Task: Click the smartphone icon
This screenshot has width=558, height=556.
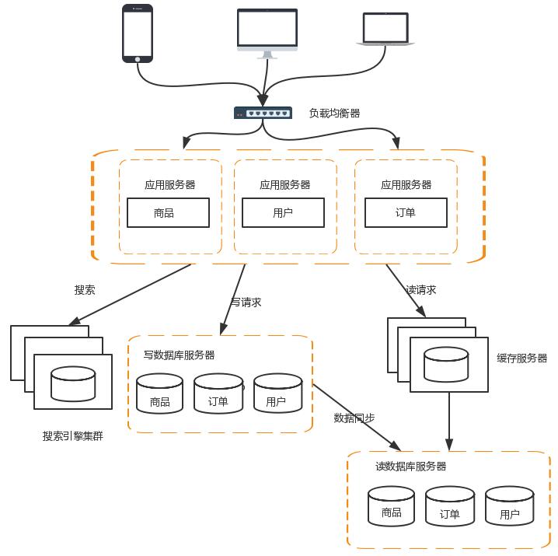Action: tap(138, 33)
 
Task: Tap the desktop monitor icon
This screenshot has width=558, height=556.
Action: tap(267, 33)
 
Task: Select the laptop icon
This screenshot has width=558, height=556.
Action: tap(386, 30)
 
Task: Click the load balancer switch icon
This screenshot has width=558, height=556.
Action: tap(263, 114)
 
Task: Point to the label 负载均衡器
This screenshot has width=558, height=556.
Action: tap(334, 114)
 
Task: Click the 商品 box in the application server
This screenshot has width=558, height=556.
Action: tap(168, 213)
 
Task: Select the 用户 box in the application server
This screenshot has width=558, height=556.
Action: tap(283, 213)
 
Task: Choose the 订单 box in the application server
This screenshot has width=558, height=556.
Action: tap(406, 213)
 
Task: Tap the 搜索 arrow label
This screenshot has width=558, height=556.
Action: tap(85, 290)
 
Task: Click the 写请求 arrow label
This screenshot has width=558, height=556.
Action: tap(246, 302)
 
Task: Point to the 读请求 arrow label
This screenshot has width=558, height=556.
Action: tap(420, 290)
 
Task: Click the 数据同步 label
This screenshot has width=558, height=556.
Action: tap(354, 418)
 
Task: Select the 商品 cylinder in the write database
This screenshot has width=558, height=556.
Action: tap(160, 394)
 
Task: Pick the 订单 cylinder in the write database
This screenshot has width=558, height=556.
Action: tap(218, 394)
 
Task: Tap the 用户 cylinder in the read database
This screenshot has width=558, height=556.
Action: tap(510, 506)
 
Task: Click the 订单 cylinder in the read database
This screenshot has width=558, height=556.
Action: tap(450, 506)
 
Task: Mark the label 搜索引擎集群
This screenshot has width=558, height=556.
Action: tap(72, 436)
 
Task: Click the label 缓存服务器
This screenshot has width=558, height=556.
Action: tap(522, 358)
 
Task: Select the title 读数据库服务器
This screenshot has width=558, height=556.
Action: tap(411, 467)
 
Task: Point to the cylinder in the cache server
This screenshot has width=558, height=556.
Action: tap(446, 365)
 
